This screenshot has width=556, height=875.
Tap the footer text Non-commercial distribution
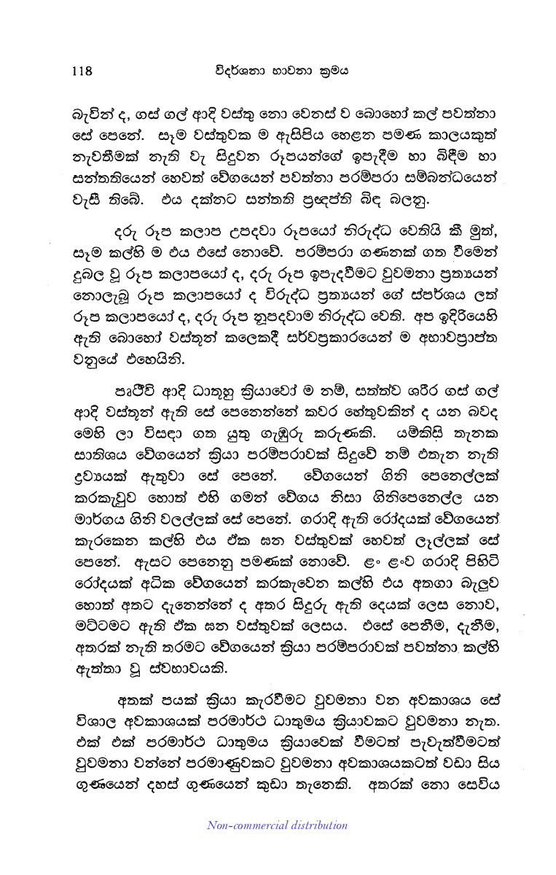tap(278, 825)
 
